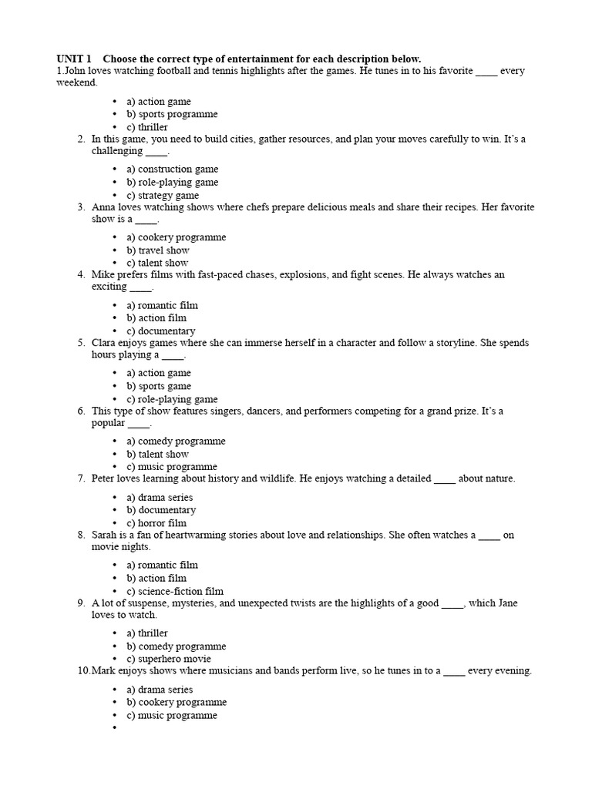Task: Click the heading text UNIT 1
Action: click(74, 59)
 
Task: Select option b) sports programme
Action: click(172, 114)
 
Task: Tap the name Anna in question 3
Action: click(104, 207)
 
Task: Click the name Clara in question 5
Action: click(105, 343)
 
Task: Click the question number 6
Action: click(81, 411)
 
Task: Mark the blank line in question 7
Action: click(445, 479)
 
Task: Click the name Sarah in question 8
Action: click(105, 535)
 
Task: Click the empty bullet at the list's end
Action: click(114, 728)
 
